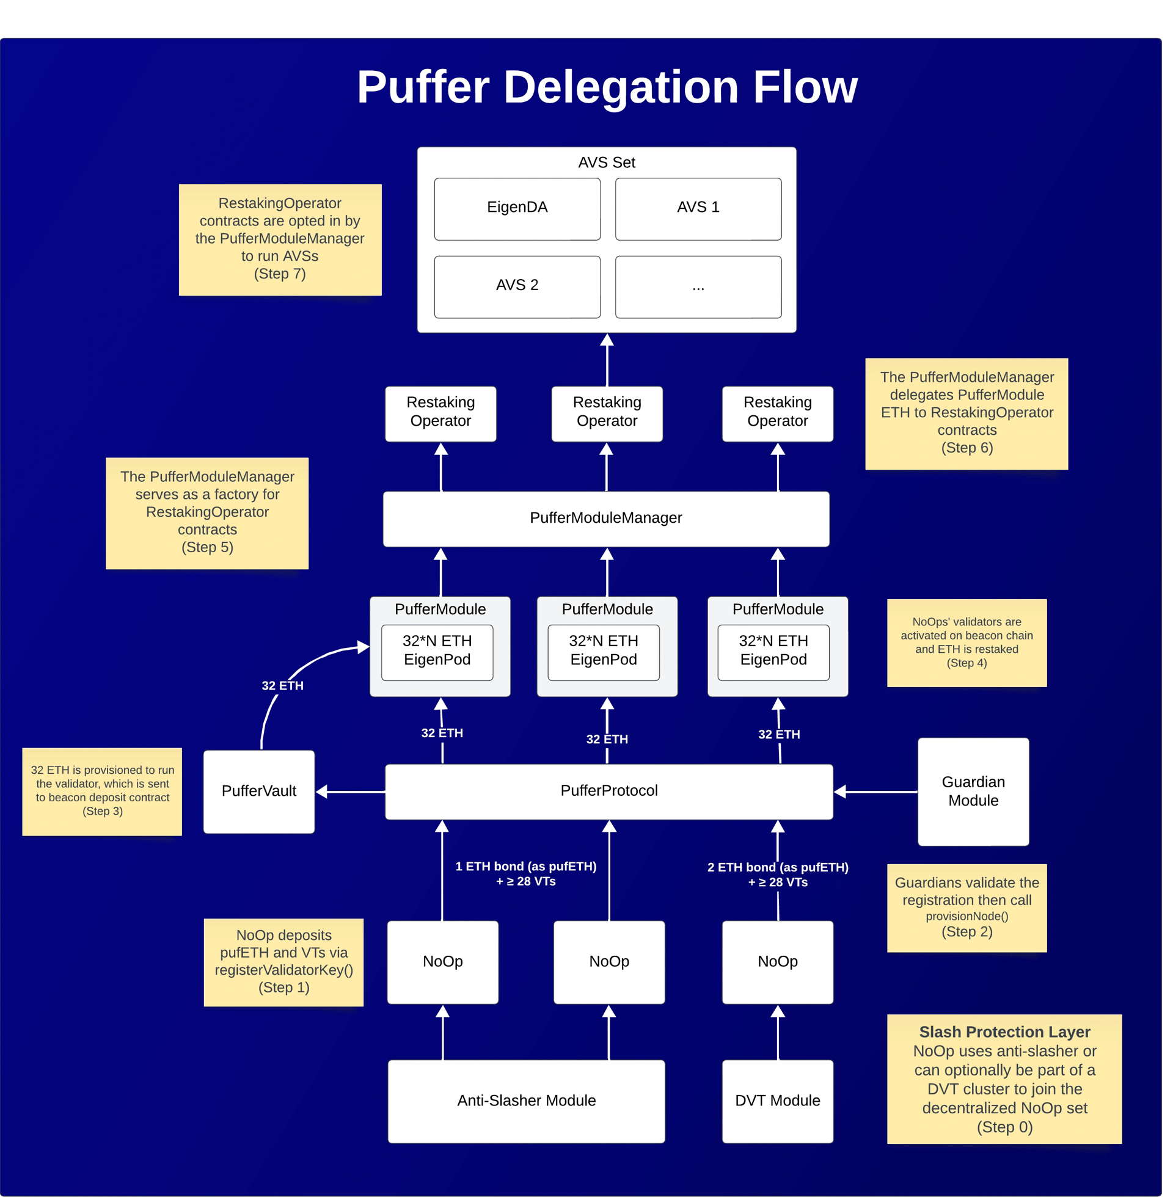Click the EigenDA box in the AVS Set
point(517,209)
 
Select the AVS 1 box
point(698,209)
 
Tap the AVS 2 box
point(517,286)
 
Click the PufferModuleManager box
point(605,518)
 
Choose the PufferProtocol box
point(608,791)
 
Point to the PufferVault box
point(259,791)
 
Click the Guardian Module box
point(973,791)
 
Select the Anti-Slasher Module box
point(526,1101)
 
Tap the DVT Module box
point(778,1101)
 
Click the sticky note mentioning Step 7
point(280,239)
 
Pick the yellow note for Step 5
point(207,513)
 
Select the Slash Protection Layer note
point(1004,1079)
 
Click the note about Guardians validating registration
point(967,908)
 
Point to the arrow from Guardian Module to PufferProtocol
point(875,792)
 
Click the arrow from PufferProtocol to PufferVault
point(350,792)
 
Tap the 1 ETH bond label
point(525,874)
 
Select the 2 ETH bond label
point(778,875)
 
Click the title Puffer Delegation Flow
point(607,87)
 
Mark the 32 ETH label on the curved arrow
point(282,686)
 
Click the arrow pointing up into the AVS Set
point(607,360)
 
